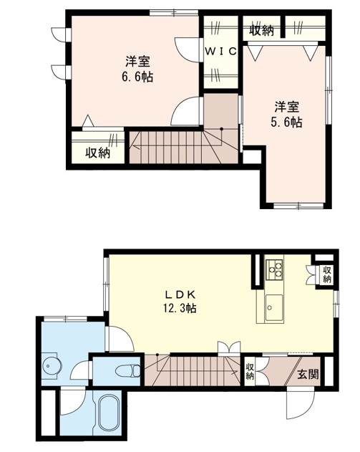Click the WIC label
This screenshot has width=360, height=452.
[x=221, y=52]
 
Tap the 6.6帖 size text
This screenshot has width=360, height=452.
[x=137, y=77]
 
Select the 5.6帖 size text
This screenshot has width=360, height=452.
[x=286, y=122]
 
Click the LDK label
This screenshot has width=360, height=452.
[x=181, y=294]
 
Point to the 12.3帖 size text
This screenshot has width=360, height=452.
[x=180, y=308]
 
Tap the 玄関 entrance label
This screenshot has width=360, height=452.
[x=308, y=374]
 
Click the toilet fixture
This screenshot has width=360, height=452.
[x=127, y=370]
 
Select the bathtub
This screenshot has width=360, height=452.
[x=110, y=413]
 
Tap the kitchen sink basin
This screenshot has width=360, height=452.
[x=274, y=307]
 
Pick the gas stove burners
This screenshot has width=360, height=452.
[x=275, y=269]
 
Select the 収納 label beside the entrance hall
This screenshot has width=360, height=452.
[x=249, y=371]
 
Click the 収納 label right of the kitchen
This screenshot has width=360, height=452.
[x=326, y=275]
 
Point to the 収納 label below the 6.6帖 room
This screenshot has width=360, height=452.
[x=98, y=153]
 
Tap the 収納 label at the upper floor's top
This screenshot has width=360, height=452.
[x=261, y=30]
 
